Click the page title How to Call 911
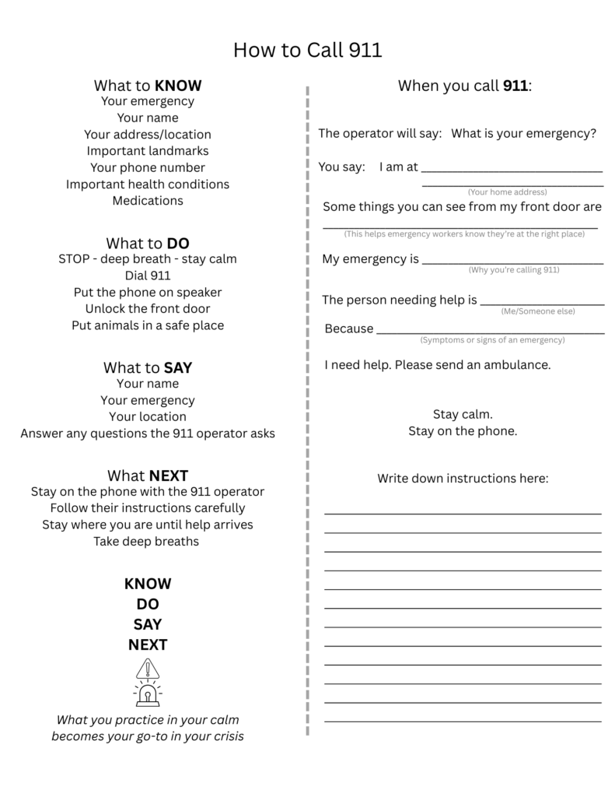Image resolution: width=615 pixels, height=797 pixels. [307, 51]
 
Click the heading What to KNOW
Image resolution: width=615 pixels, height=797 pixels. [148, 86]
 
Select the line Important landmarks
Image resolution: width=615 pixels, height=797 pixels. [148, 151]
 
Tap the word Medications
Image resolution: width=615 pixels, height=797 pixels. [148, 201]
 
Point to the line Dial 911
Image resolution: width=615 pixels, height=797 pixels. [148, 276]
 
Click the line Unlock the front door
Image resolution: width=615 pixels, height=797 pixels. [148, 309]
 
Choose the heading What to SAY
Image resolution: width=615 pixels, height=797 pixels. [148, 367]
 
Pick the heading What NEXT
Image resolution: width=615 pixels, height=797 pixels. [148, 476]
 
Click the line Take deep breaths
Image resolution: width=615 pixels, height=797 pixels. [148, 541]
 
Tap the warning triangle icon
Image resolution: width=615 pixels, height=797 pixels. [147, 669]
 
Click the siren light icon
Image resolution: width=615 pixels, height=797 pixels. [147, 695]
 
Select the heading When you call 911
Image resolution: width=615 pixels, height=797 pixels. [465, 86]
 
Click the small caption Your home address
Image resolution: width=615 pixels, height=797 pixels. [507, 192]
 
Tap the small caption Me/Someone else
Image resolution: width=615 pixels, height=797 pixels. [538, 311]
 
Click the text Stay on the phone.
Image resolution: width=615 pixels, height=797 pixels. [463, 431]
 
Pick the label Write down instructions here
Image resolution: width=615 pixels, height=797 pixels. [463, 478]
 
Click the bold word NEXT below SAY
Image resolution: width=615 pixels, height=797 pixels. [148, 644]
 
